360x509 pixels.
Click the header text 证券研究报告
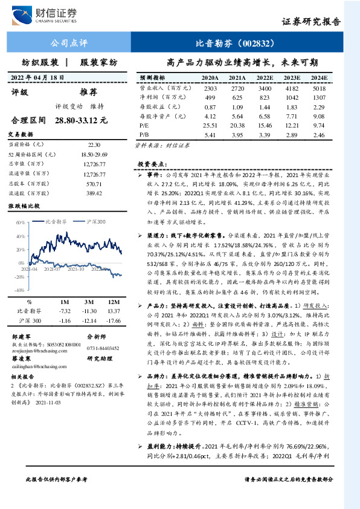click(310, 21)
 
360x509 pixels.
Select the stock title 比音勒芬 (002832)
click(236, 44)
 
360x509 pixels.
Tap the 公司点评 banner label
click(67, 44)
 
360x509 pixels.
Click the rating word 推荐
click(88, 92)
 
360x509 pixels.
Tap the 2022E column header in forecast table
click(265, 78)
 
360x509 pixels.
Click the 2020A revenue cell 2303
click(210, 88)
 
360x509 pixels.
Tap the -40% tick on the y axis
click(20, 290)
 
